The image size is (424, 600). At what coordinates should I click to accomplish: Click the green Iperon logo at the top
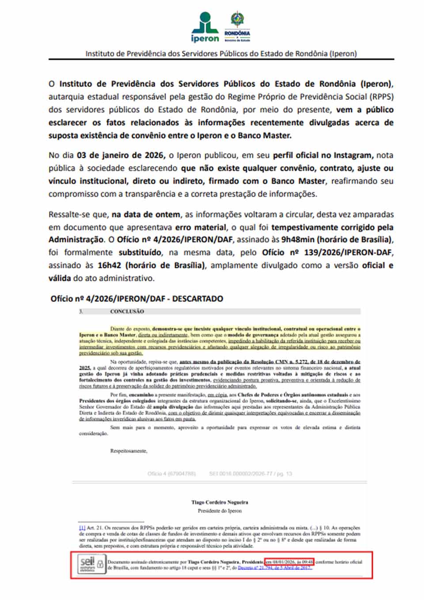click(x=204, y=27)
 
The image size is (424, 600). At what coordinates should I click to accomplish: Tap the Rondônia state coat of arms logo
click(x=237, y=26)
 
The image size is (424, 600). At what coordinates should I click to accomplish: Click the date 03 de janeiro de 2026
click(x=121, y=155)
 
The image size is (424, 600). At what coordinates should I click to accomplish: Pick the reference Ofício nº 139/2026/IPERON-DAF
click(x=327, y=253)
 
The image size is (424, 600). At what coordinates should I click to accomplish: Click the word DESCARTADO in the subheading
click(x=197, y=299)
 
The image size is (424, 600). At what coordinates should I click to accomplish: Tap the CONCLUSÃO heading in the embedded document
click(x=127, y=311)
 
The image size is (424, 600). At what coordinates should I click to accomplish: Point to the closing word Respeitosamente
click(x=129, y=451)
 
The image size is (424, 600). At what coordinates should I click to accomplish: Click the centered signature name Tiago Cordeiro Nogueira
click(x=220, y=502)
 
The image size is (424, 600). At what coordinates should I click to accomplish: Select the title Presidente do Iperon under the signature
click(x=220, y=511)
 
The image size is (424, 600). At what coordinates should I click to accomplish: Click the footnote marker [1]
click(x=82, y=528)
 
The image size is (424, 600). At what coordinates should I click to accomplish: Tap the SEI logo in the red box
click(x=87, y=564)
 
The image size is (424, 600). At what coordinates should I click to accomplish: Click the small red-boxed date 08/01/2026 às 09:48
click(x=289, y=562)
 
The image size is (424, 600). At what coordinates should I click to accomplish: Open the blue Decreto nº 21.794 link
click(x=275, y=568)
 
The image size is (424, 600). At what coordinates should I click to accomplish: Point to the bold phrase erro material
click(x=201, y=227)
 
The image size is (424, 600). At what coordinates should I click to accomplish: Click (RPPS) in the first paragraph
click(x=382, y=97)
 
